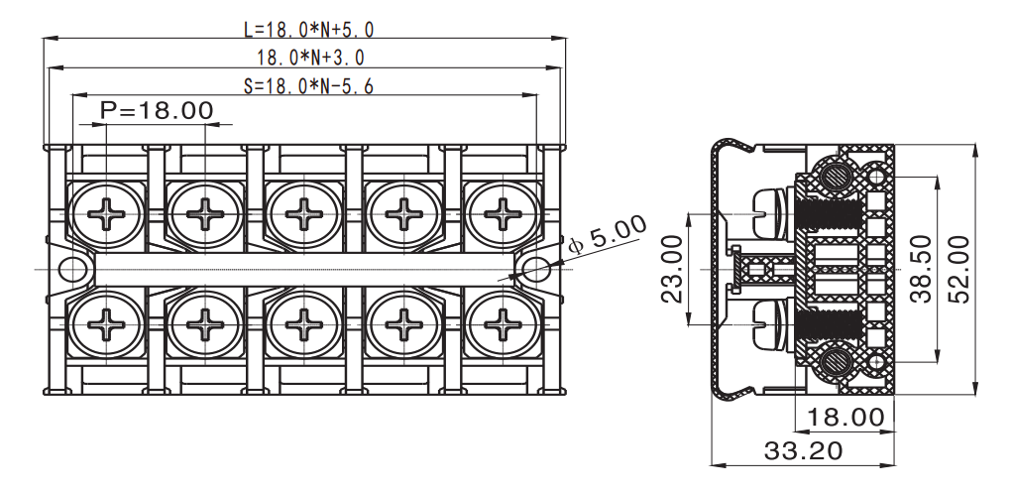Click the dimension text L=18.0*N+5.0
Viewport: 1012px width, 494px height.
(309, 29)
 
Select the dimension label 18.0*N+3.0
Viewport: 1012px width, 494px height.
(310, 58)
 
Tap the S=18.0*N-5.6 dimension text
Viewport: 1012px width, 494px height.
(309, 86)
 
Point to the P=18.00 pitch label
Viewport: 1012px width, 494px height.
(157, 110)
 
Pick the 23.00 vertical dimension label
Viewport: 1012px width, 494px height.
(672, 269)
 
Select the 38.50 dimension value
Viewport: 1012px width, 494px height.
(921, 269)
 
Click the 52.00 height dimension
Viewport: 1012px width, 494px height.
(958, 269)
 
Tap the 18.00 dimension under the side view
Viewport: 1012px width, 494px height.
(845, 418)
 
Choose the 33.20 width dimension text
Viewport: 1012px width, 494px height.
(804, 450)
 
